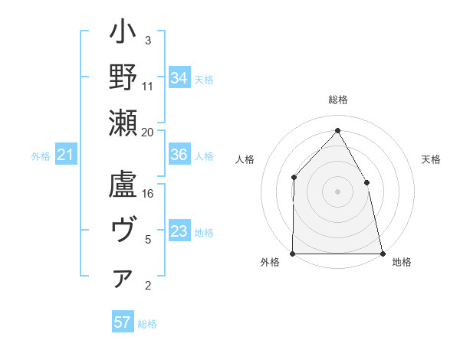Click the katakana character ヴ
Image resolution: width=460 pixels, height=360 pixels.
pos(123,230)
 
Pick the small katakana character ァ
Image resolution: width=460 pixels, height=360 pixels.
pos(123,277)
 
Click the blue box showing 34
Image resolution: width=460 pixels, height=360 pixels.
pos(179,77)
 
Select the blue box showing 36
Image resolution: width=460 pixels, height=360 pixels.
pos(179,155)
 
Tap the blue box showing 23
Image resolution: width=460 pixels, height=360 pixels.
pos(179,232)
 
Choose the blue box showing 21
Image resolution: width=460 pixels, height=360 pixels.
pos(66,155)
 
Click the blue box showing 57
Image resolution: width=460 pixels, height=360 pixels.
pos(123,322)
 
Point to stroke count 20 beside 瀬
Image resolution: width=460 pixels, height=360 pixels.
pos(147,132)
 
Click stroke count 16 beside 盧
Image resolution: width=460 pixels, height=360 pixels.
pos(148,194)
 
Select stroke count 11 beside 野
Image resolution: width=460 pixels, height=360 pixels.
pos(148,86)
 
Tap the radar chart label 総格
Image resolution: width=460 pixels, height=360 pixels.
pos(337,100)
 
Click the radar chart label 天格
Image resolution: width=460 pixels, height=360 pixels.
pos(431,159)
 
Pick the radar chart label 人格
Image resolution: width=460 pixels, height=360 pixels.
pos(245,159)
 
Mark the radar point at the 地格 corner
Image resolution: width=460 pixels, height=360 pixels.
pos(382,253)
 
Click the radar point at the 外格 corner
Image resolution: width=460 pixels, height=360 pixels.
pos(293,253)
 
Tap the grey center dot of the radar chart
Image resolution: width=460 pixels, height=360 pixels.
pos(337,191)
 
